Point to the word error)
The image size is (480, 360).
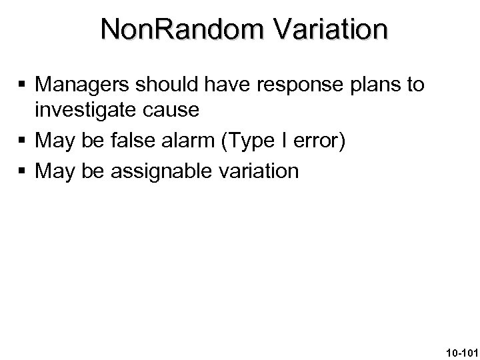pos(316,140)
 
